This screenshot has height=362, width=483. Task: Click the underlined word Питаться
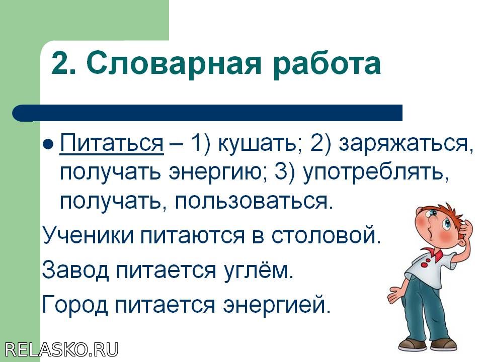112,143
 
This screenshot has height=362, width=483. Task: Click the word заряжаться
406,144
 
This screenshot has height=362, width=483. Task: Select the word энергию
219,173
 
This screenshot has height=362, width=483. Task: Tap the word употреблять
375,173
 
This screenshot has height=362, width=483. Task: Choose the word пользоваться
254,202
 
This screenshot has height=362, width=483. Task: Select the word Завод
76,269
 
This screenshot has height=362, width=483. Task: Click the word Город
75,304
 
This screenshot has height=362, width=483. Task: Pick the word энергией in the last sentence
277,304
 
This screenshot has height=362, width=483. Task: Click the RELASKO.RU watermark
61,350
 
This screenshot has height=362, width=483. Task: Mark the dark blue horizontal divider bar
207,113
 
